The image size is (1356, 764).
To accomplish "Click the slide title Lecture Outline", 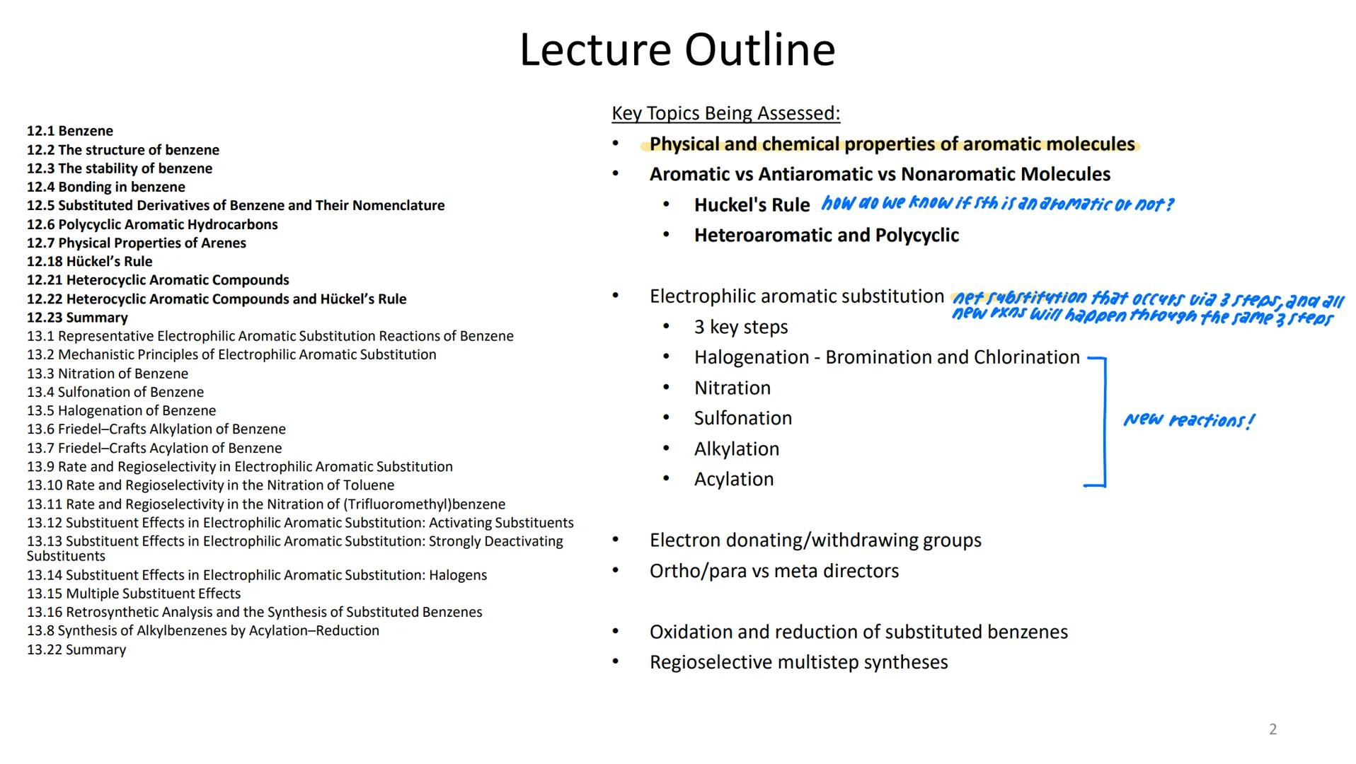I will tap(677, 50).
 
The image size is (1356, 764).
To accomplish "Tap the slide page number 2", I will tap(1272, 729).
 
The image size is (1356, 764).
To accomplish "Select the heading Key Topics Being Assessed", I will tap(725, 113).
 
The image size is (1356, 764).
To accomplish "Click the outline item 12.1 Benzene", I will tap(70, 131).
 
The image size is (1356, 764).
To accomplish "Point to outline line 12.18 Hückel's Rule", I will tap(90, 261).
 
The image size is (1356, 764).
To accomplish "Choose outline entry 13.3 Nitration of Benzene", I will tap(108, 374).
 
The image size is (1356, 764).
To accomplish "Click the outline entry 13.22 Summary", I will tap(76, 649).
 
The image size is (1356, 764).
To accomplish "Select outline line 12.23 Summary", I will tap(78, 318).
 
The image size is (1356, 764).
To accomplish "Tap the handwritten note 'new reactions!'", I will tap(1189, 420).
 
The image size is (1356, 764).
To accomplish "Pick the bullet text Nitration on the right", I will tap(732, 388).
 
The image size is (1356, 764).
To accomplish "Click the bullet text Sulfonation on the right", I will tap(742, 418).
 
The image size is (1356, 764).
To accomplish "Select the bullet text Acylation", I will tap(734, 479).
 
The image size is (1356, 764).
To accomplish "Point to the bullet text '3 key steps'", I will tap(740, 327).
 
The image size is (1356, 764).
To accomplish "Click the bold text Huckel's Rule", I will tap(752, 205).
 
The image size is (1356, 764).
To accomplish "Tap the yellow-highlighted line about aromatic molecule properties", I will tap(892, 144).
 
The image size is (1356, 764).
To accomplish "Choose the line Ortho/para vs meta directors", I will tap(774, 571).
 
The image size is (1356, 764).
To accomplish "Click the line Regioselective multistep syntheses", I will tap(798, 662).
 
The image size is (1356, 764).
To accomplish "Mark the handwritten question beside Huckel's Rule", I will tap(996, 204).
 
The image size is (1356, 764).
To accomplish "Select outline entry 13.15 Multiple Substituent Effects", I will tap(134, 594).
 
